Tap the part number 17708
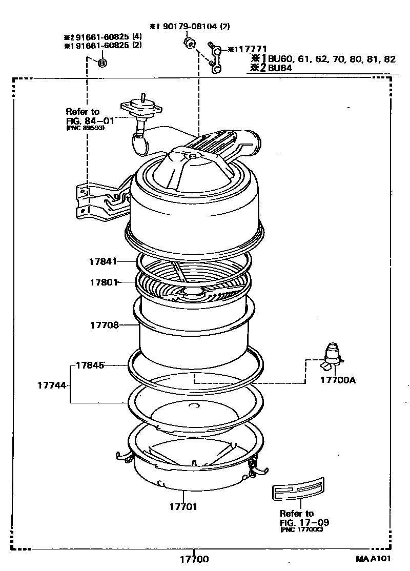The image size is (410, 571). click(105, 325)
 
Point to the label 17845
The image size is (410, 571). click(90, 365)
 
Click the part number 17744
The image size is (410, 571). click(52, 384)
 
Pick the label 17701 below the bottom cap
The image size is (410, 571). click(183, 507)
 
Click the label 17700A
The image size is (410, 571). click(338, 380)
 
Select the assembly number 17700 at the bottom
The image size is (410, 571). click(194, 560)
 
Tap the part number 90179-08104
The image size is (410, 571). click(193, 26)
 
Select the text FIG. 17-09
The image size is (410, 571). click(304, 522)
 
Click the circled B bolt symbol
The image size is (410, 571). click(101, 63)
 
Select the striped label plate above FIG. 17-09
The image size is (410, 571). click(297, 488)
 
